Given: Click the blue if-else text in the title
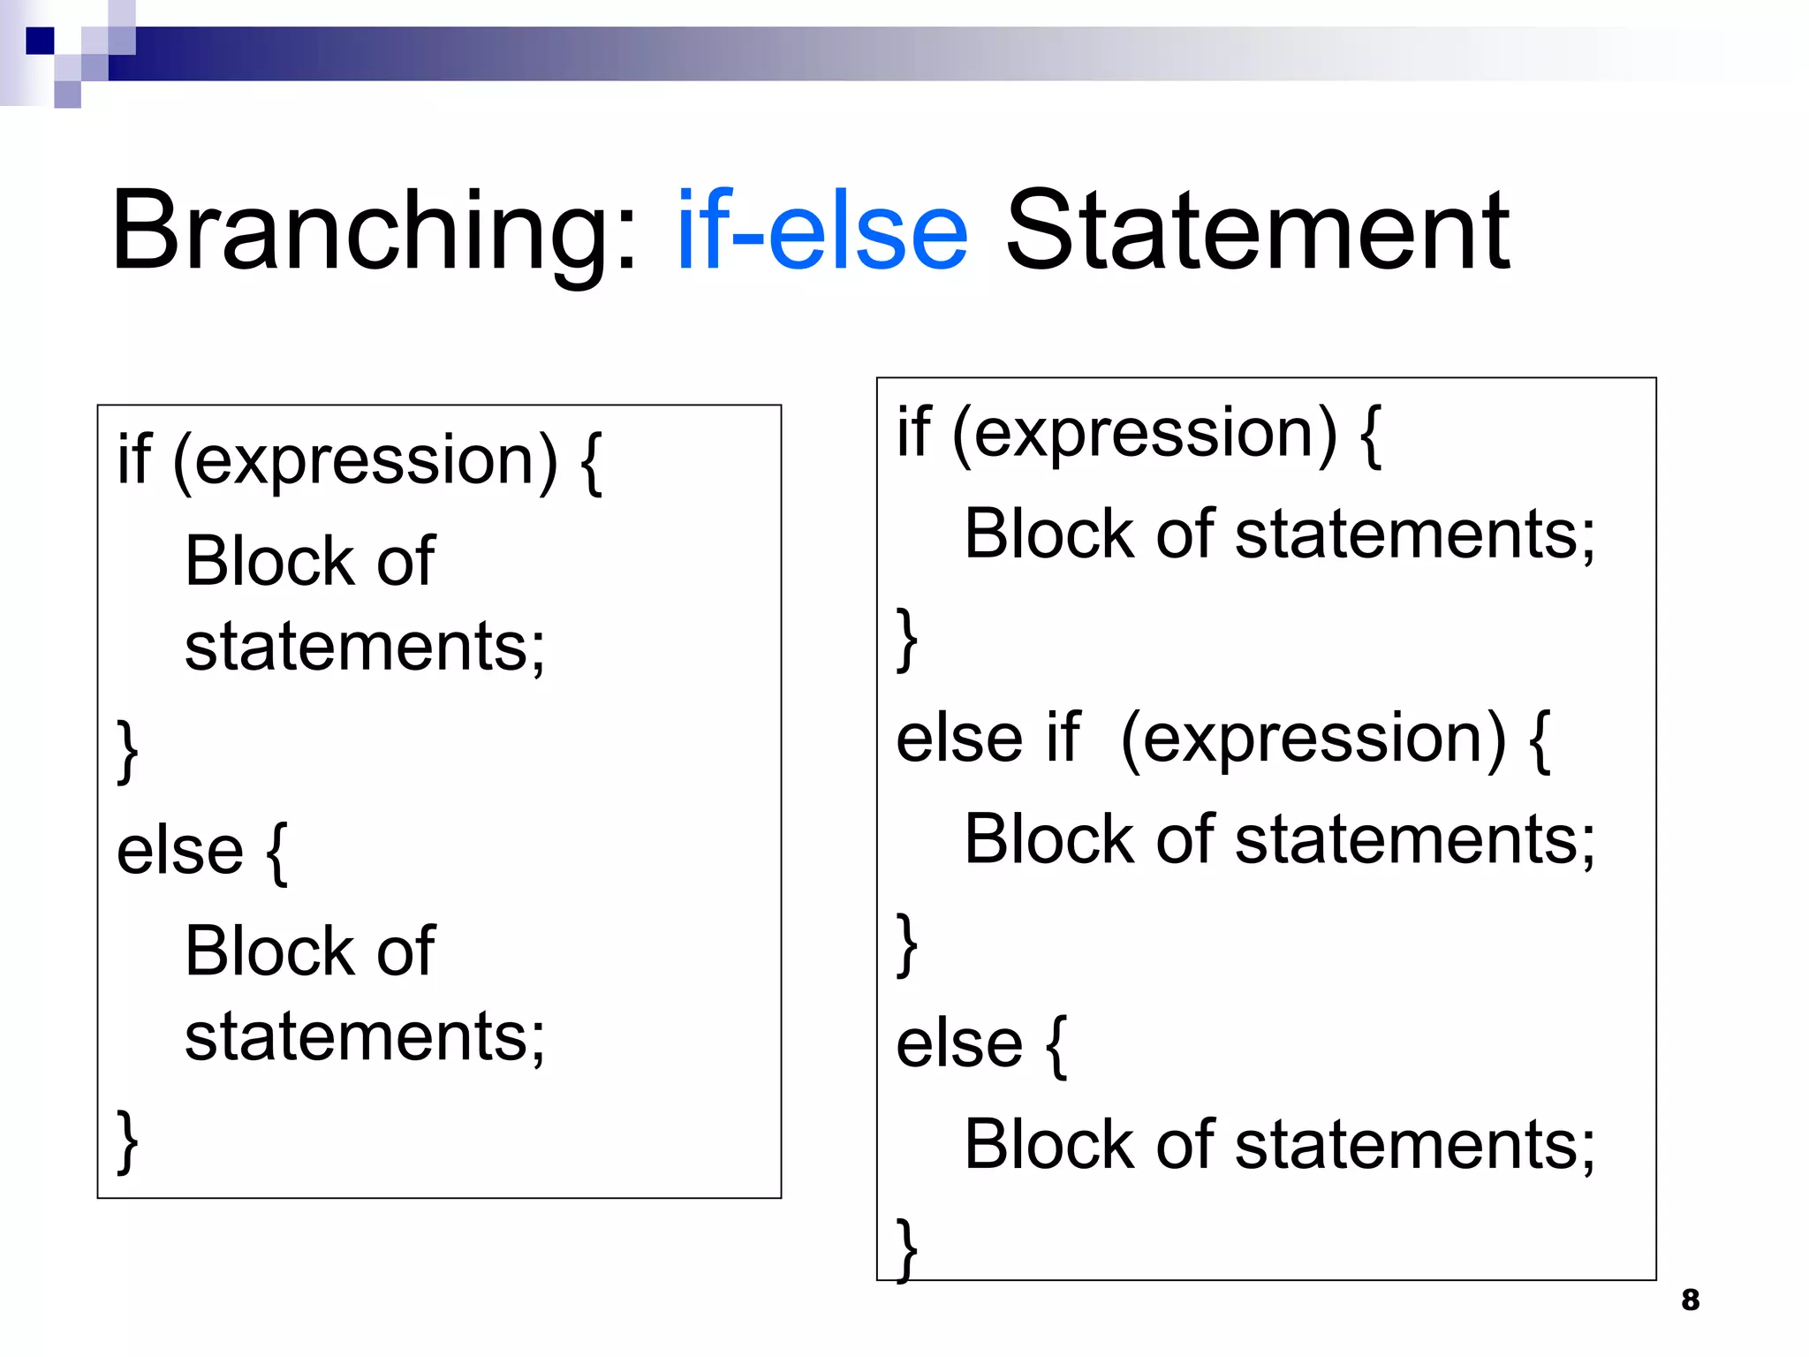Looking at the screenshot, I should pos(821,231).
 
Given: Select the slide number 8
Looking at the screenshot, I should pos(1690,1300).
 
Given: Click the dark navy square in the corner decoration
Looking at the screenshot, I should pos(40,41).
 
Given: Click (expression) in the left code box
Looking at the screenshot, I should pos(365,461).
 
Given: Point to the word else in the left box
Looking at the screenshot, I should pos(179,851).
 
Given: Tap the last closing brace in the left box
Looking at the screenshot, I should pos(128,1142).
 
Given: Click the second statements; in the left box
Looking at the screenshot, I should pos(364,1036).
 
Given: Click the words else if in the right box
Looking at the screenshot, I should pos(987,738).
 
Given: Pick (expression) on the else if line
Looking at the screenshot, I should pos(1313,738).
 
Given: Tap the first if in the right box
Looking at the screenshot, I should pos(913,432).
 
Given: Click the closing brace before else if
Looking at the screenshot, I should pos(907,639).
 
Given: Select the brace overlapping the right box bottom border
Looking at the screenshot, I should pos(907,1249).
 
